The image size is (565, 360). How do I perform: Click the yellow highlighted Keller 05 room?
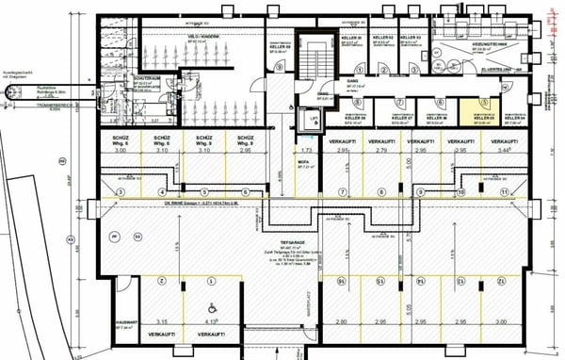[487, 111]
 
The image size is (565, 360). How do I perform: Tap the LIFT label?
[315, 116]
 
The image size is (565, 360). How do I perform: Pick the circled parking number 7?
[344, 192]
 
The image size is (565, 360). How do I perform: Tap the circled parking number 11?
[505, 192]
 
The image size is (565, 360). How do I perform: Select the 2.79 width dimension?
[381, 151]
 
